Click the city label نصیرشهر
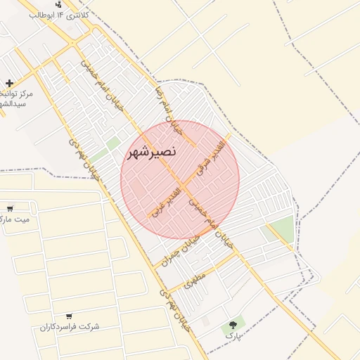(x=151, y=151)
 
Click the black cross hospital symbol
(x=8, y=83)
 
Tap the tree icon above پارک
(x=233, y=325)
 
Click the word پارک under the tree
(x=233, y=337)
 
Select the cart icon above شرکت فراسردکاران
(x=68, y=316)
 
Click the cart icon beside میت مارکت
(x=10, y=208)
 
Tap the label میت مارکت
(x=14, y=219)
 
